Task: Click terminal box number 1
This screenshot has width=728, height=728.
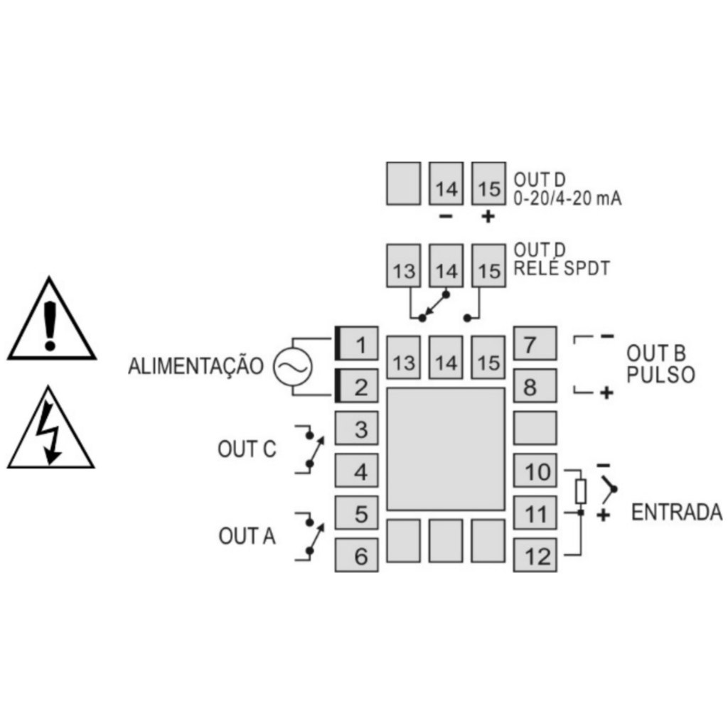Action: coord(357,343)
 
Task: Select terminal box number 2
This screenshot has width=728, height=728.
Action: coord(357,386)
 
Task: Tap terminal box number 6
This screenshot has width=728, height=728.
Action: coord(357,555)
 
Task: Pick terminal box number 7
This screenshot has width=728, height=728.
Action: coord(535,343)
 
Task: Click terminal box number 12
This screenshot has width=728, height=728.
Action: coord(535,555)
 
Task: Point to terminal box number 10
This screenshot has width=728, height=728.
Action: coord(535,471)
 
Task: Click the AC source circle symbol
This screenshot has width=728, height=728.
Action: coord(292,367)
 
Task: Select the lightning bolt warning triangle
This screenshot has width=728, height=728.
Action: coord(51,427)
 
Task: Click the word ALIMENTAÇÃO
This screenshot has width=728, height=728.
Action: coord(196,365)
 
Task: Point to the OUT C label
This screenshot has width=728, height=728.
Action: coord(247,449)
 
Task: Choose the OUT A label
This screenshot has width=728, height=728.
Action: coord(247,536)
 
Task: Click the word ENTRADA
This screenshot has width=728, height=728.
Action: coord(677,513)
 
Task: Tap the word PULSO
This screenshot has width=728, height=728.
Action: coord(660,375)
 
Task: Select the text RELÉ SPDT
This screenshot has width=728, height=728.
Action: coord(562,268)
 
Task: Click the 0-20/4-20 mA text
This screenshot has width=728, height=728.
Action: coord(567,198)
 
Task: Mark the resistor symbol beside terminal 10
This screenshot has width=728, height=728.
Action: coord(580,492)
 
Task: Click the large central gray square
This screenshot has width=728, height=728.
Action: coord(446,449)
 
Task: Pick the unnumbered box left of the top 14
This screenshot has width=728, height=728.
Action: coord(404,183)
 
